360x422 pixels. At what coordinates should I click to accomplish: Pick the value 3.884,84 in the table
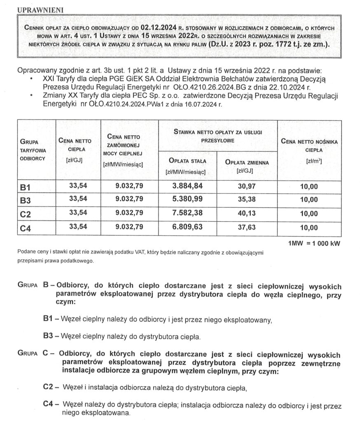188,186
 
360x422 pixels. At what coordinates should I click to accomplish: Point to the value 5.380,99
188,199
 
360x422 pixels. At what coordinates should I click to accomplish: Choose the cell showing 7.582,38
188,213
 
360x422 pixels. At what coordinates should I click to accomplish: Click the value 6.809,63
188,227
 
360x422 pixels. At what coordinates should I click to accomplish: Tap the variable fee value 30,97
247,186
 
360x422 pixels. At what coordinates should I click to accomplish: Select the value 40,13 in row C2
247,213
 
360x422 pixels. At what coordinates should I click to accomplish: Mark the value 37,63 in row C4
247,227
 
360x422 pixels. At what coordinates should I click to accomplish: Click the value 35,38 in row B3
247,200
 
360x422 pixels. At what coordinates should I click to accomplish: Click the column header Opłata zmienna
247,163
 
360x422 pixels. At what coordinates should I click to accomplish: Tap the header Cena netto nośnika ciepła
309,146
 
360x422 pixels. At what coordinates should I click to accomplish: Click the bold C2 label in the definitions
49,387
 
